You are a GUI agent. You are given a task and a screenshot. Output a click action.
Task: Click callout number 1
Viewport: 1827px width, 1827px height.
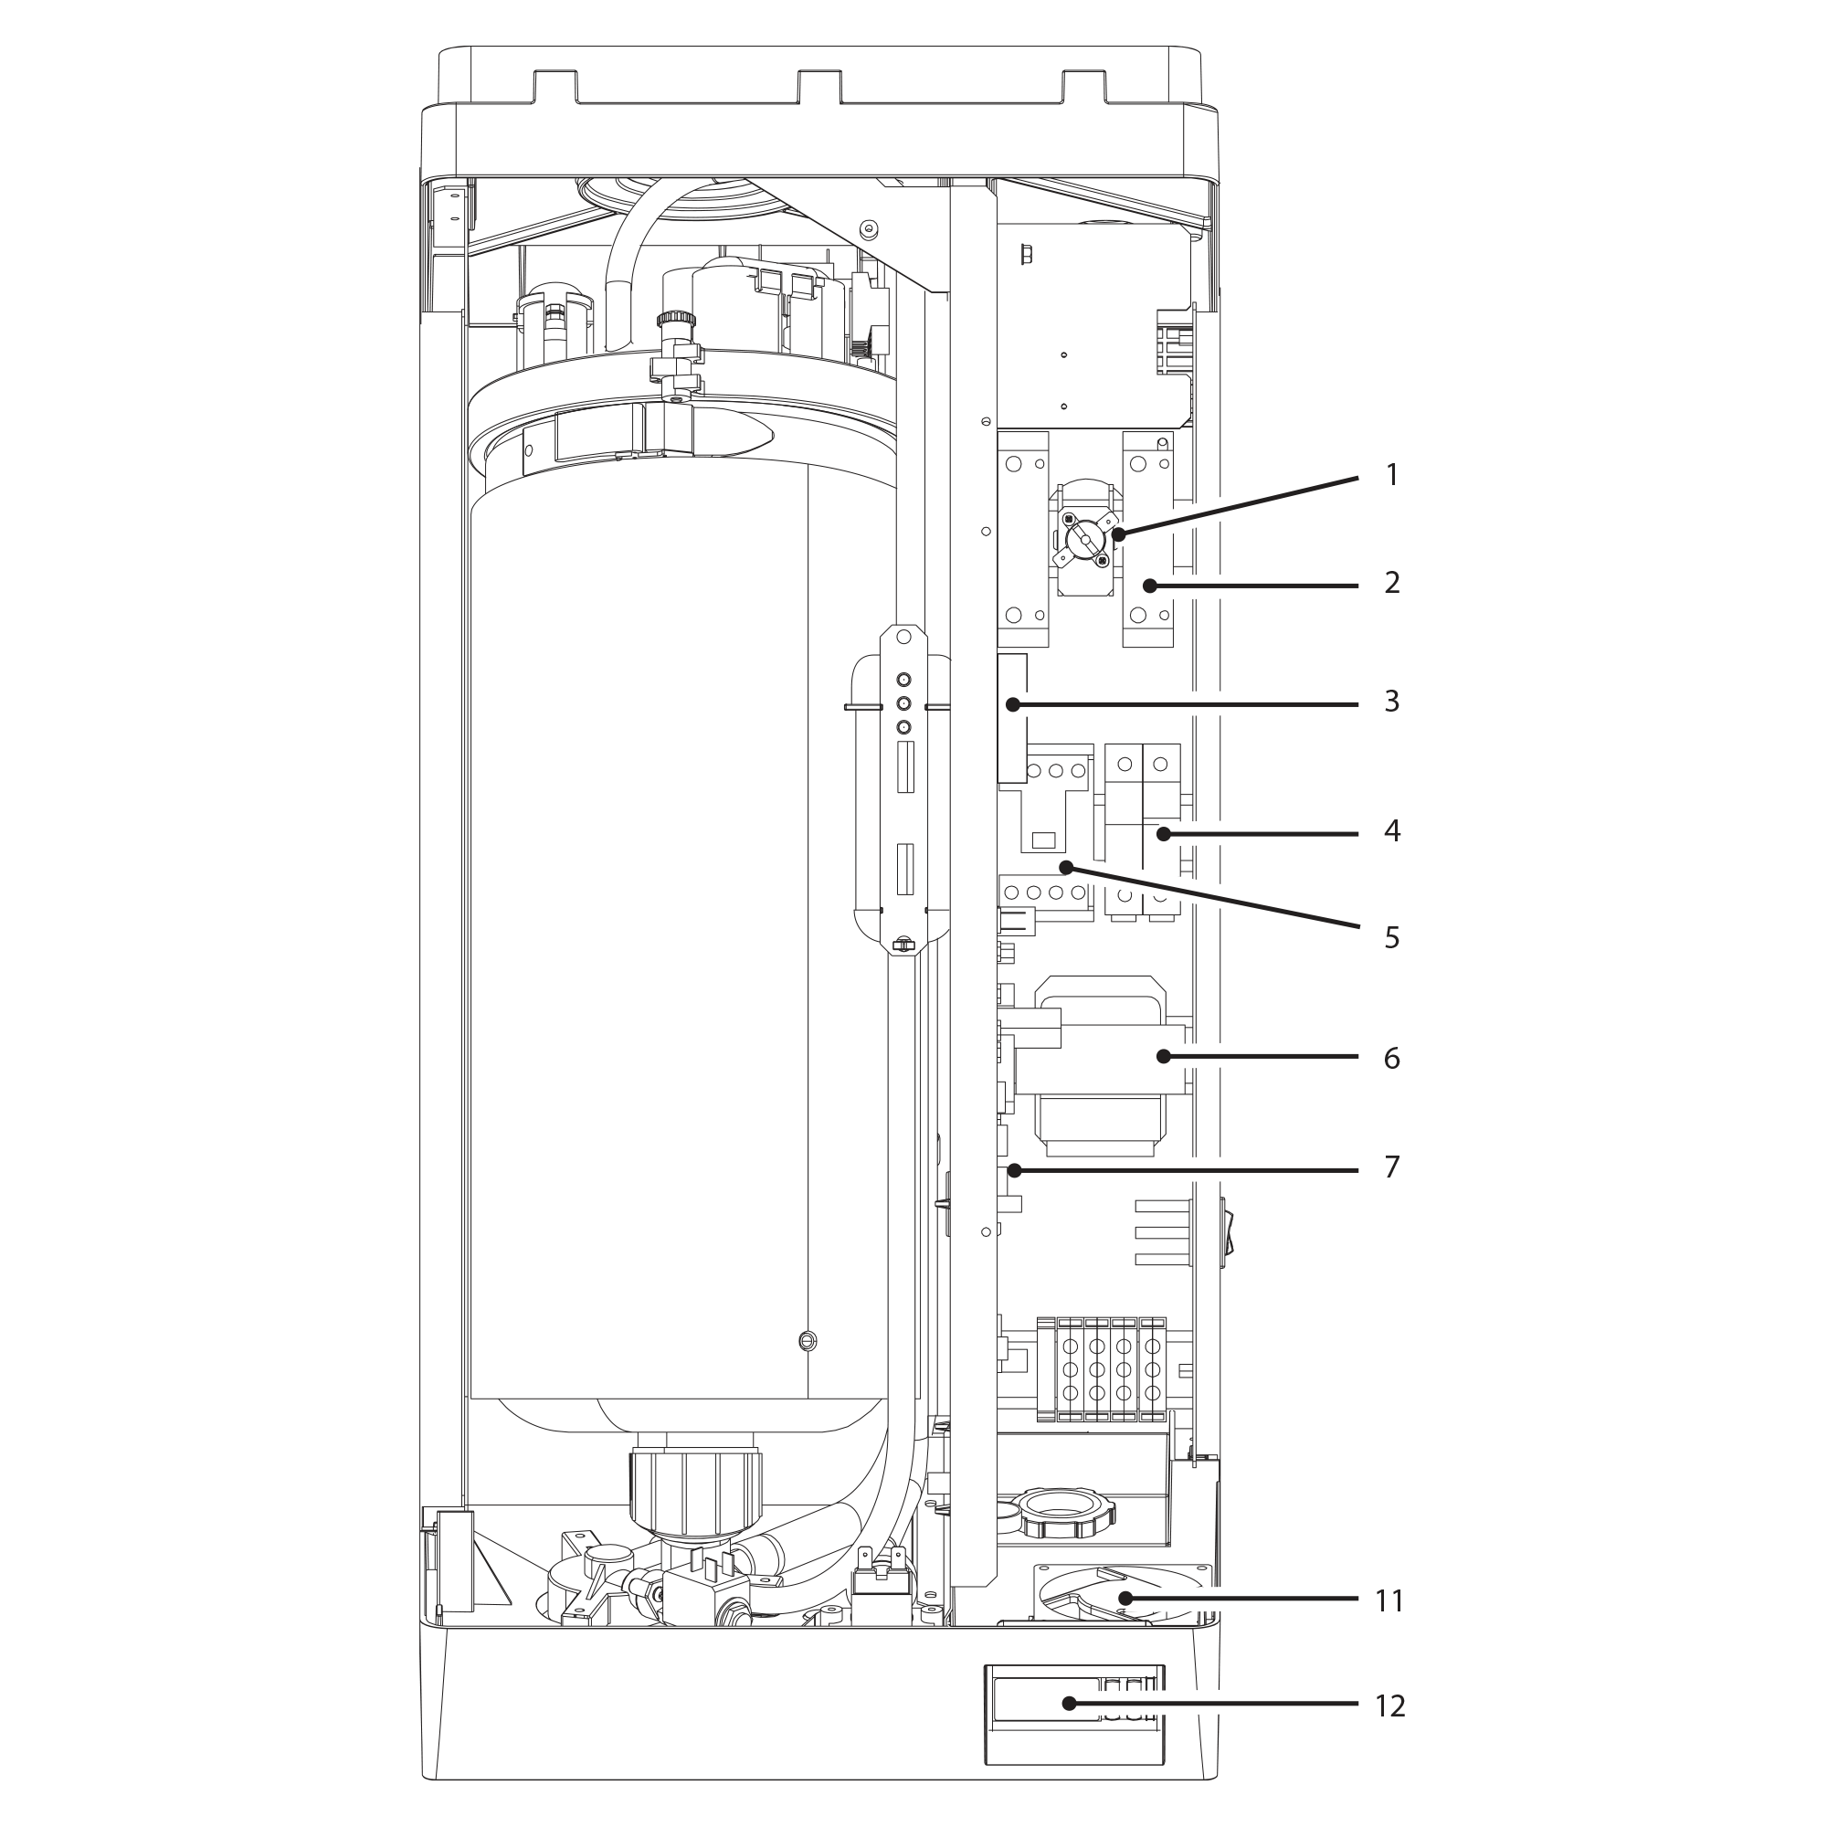click(1391, 475)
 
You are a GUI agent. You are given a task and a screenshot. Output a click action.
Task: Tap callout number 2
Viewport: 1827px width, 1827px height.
click(1391, 583)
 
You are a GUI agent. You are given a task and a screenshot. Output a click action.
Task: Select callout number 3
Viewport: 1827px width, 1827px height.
click(1391, 702)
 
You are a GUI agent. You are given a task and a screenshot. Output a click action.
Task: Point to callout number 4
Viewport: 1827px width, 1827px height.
click(1391, 831)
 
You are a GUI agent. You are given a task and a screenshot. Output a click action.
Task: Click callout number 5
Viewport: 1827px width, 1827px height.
click(1391, 938)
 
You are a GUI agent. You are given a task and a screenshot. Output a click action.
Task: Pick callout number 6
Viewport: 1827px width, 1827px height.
click(1391, 1058)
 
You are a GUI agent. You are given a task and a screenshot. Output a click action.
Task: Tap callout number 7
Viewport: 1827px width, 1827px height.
click(1391, 1167)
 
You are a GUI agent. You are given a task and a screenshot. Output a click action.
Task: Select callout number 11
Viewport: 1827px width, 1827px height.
click(1389, 1601)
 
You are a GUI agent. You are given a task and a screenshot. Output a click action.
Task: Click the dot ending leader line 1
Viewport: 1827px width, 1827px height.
click(1119, 535)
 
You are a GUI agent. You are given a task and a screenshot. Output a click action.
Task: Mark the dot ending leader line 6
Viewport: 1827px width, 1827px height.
click(1163, 1056)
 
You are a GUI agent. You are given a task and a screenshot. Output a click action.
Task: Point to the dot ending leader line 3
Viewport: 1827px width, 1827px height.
click(1013, 704)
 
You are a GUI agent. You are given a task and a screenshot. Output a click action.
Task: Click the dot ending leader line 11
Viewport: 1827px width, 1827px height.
click(1126, 1598)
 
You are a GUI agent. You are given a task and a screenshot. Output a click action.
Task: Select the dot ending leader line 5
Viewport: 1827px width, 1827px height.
click(1066, 866)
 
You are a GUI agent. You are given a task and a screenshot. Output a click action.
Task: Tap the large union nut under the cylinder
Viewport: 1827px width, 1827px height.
click(694, 1495)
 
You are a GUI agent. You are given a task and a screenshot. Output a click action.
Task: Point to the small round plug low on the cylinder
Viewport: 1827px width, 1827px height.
click(807, 1340)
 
